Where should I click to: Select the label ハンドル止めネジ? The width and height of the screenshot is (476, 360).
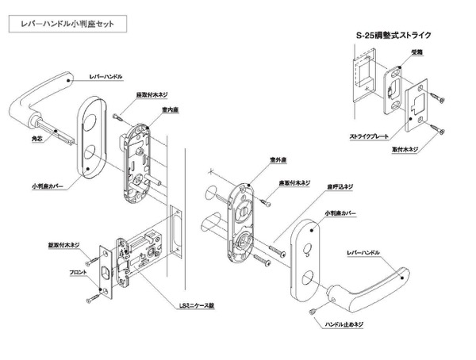(x=348, y=324)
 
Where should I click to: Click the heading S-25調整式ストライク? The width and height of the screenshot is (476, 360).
(x=393, y=36)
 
